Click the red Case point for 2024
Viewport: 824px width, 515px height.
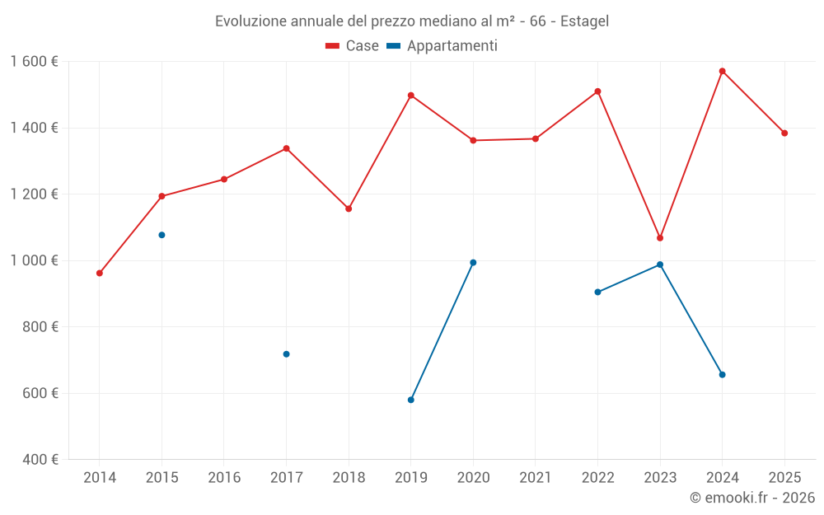pyautogui.click(x=722, y=72)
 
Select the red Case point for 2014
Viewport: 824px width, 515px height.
pyautogui.click(x=100, y=273)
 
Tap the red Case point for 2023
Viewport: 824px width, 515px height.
pyautogui.click(x=660, y=238)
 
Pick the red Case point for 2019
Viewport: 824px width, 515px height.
pyautogui.click(x=410, y=96)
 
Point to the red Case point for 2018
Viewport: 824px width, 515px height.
pyautogui.click(x=349, y=208)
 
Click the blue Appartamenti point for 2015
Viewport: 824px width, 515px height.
pyautogui.click(x=162, y=235)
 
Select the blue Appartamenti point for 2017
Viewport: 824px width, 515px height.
pyautogui.click(x=286, y=354)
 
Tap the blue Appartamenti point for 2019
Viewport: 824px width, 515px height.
pyautogui.click(x=410, y=400)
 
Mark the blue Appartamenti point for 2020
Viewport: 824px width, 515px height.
pyautogui.click(x=473, y=263)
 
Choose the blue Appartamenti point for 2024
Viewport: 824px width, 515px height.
pyautogui.click(x=722, y=375)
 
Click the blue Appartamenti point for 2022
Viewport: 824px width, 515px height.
pyautogui.click(x=597, y=292)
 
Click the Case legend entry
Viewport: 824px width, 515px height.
pyautogui.click(x=353, y=46)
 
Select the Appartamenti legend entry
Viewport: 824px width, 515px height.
pyautogui.click(x=442, y=46)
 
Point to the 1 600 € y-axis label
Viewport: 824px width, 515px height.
pyautogui.click(x=35, y=62)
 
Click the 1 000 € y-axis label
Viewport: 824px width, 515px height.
pyautogui.click(x=35, y=260)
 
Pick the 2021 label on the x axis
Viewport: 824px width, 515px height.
pyautogui.click(x=536, y=477)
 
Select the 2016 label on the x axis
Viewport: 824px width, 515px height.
pyautogui.click(x=224, y=477)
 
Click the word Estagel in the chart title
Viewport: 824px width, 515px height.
pyautogui.click(x=584, y=21)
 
